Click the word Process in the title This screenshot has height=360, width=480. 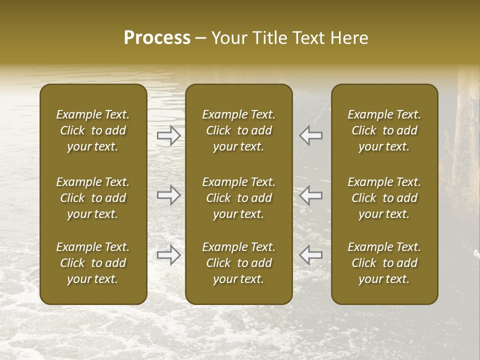point(157,38)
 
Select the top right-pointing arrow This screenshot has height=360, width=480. point(168,135)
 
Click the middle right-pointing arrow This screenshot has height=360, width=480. point(168,195)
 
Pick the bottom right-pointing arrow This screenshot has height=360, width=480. point(168,255)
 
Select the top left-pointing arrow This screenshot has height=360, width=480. point(311,135)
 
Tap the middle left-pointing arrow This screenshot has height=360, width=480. point(311,195)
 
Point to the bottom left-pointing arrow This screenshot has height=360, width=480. point(311,255)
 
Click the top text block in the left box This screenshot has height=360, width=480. point(93,130)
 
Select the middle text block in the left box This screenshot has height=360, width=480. point(93,198)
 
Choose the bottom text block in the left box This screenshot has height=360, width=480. point(93,263)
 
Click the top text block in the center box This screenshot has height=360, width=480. point(239,130)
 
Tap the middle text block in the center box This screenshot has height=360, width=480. point(239,198)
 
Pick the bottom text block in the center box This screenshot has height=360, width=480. point(239,263)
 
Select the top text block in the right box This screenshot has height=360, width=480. point(384,130)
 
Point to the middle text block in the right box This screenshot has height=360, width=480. point(384,198)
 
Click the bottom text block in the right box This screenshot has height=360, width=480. point(384,263)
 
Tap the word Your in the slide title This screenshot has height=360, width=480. point(228,38)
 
